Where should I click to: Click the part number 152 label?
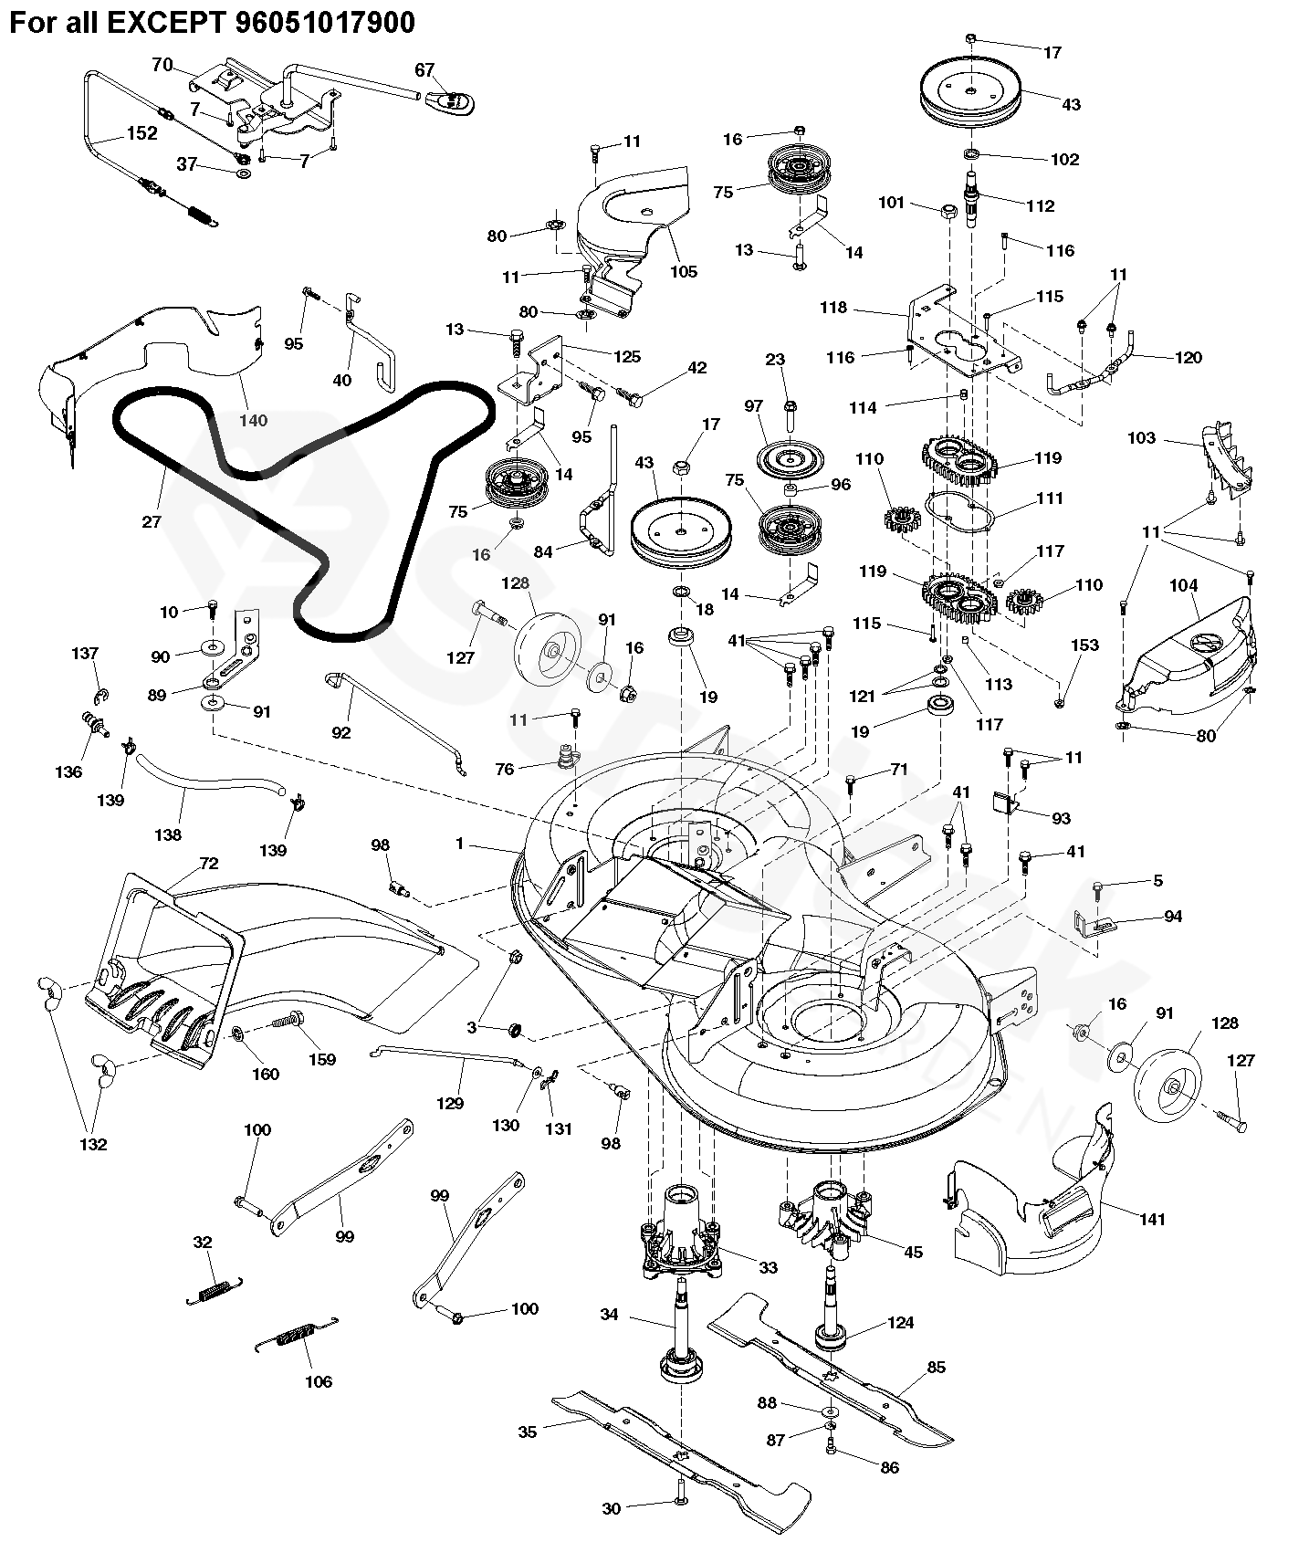pyautogui.click(x=141, y=133)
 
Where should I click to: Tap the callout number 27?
pyautogui.click(x=152, y=521)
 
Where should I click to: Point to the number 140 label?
pyautogui.click(x=254, y=420)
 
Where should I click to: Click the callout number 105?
pyautogui.click(x=684, y=271)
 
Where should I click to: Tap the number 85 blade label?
pyautogui.click(x=936, y=1368)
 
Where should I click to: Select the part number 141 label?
pyautogui.click(x=1153, y=1219)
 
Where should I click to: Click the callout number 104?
pyautogui.click(x=1183, y=585)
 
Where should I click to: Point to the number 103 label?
pyautogui.click(x=1141, y=438)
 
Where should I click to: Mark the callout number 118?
pyautogui.click(x=833, y=308)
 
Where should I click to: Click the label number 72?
pyautogui.click(x=209, y=864)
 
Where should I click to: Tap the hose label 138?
pyautogui.click(x=168, y=834)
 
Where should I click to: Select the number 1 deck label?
pyautogui.click(x=460, y=844)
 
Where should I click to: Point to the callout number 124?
pyautogui.click(x=900, y=1323)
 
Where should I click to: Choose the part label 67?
pyautogui.click(x=424, y=69)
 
